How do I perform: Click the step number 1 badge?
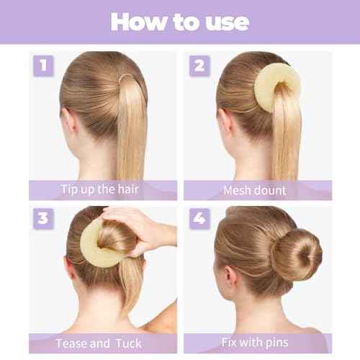pos(43,66)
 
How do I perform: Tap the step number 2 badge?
pos(199,66)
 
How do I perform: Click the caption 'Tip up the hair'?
pos(102,190)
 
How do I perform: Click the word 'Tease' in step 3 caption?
pos(71,343)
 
